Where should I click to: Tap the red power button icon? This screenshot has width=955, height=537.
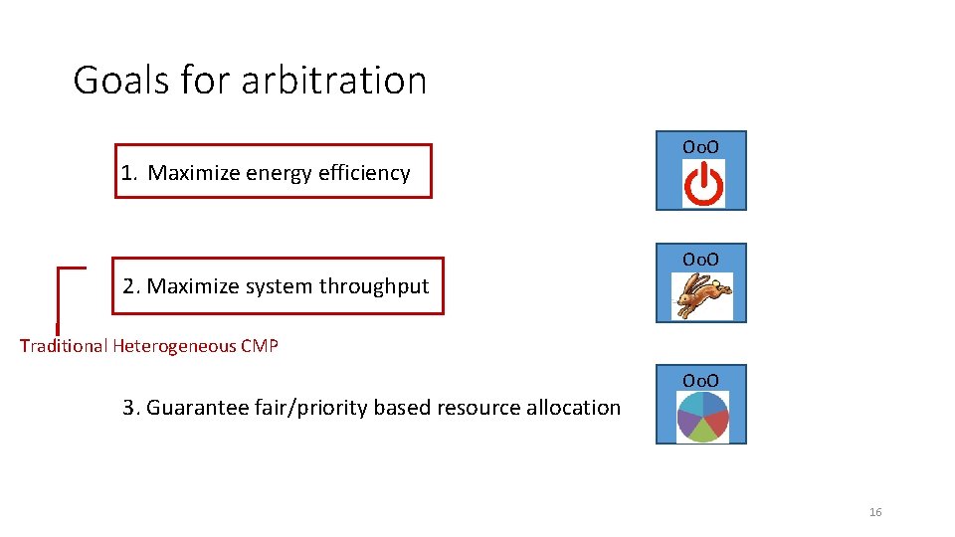coord(703,185)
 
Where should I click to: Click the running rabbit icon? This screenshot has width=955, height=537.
coord(703,296)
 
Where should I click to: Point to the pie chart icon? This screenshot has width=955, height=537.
coord(702,417)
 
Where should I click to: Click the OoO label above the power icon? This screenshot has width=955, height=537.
coord(700,147)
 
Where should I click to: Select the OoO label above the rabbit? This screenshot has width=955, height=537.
coord(700,260)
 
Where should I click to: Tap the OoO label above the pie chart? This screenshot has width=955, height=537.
coord(700,380)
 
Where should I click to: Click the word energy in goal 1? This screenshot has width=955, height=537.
coord(279,173)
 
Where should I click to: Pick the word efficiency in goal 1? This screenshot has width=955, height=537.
coord(364,173)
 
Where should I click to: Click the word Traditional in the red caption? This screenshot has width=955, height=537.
coord(64,346)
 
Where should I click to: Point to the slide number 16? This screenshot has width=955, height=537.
coord(875,512)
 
